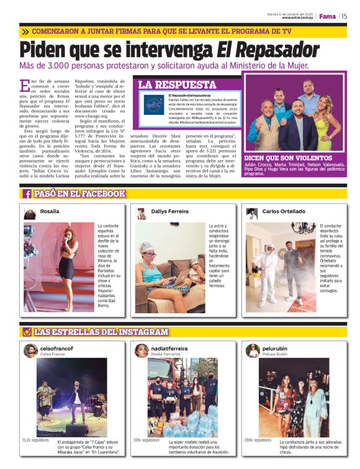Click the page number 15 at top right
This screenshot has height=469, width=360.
344,16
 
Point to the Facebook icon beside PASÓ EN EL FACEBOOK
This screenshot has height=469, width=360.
27,194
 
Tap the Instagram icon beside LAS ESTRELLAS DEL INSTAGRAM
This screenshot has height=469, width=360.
27,332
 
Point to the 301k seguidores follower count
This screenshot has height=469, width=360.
146,440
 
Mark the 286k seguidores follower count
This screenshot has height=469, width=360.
257,440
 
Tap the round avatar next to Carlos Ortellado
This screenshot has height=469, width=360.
252,213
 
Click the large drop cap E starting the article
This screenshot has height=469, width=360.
24,86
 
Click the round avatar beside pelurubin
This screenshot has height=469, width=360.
253,351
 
